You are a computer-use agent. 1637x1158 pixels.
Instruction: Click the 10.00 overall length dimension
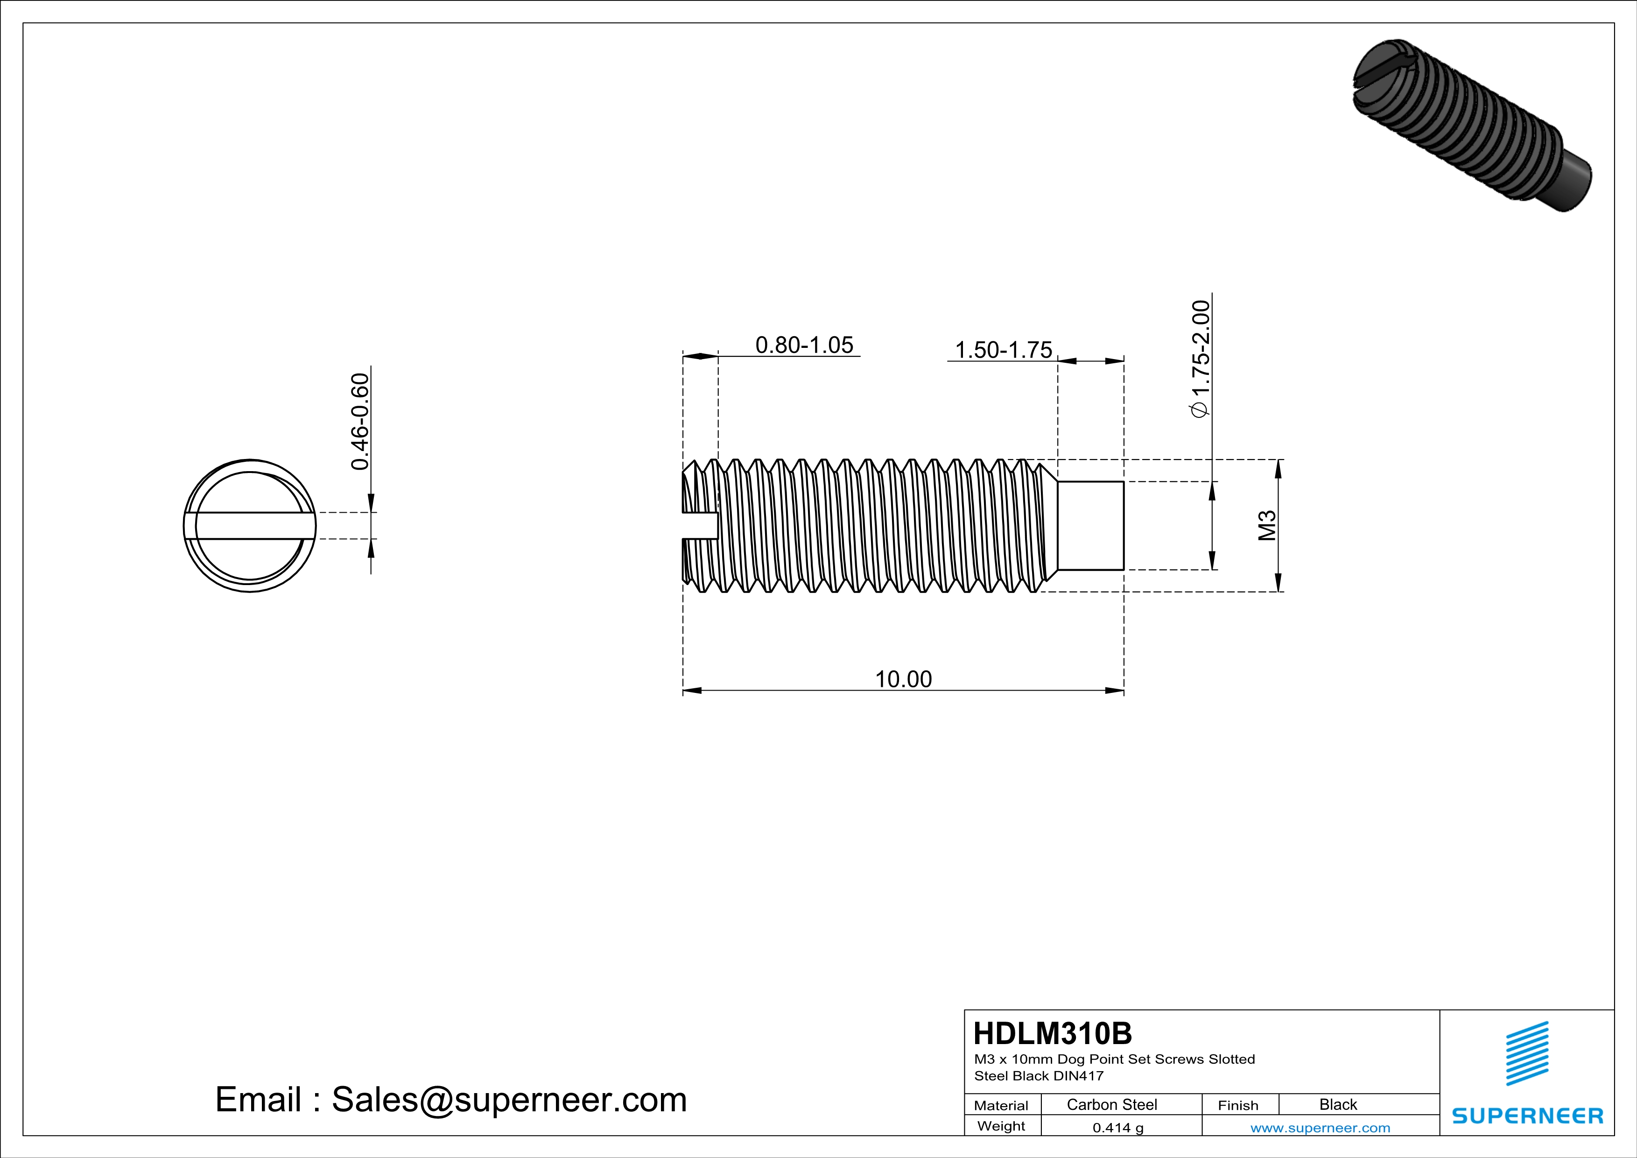tap(903, 679)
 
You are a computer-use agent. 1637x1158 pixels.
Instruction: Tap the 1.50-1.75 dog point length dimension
tap(1003, 350)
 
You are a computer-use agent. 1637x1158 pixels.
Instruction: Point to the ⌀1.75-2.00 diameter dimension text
tap(1201, 359)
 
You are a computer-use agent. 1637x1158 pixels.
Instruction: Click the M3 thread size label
tap(1266, 525)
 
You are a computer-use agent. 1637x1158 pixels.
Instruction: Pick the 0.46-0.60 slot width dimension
tap(361, 422)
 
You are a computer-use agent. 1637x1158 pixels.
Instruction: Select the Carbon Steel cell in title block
tap(1111, 1104)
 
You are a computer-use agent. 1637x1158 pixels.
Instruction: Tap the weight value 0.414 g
tap(1117, 1127)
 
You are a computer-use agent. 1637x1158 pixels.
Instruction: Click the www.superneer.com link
tap(1320, 1127)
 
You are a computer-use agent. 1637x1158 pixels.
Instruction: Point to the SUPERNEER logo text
tap(1527, 1116)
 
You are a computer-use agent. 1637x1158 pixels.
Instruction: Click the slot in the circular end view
tap(250, 525)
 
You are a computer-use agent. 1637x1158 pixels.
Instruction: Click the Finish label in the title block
tap(1238, 1105)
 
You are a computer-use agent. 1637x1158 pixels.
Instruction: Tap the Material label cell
tap(1001, 1105)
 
